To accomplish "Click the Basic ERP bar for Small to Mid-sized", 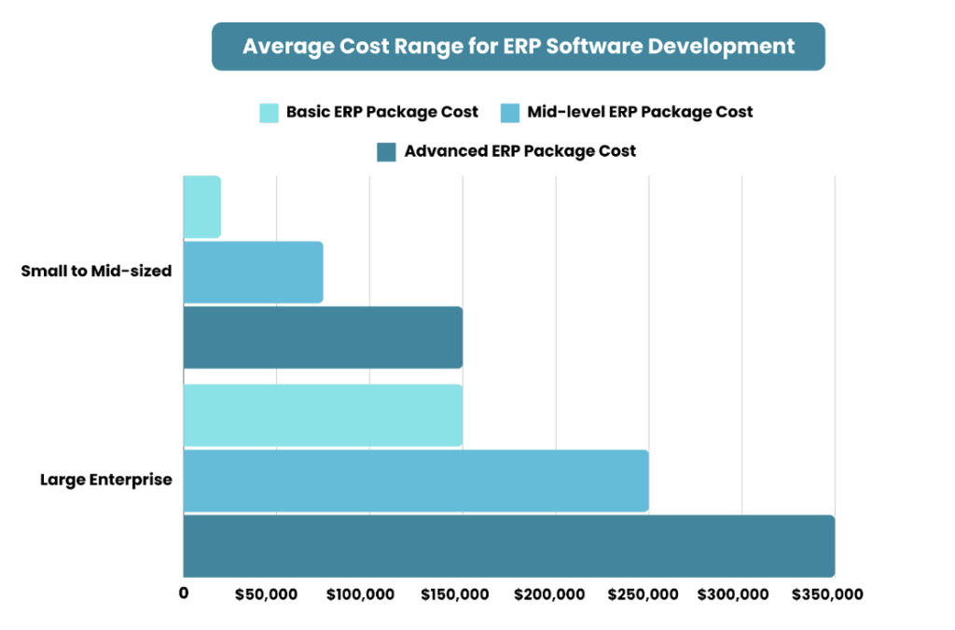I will pyautogui.click(x=201, y=206).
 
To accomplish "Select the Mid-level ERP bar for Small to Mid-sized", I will pyautogui.click(x=253, y=272).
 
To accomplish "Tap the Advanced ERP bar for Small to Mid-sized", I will pyautogui.click(x=323, y=337).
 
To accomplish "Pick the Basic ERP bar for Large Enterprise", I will pyautogui.click(x=323, y=414).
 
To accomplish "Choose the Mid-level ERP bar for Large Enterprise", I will pyautogui.click(x=416, y=481).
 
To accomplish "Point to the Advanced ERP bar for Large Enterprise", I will pyautogui.click(x=508, y=545).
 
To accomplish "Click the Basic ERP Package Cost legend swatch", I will pyautogui.click(x=269, y=113).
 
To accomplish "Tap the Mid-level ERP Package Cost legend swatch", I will pyautogui.click(x=509, y=113).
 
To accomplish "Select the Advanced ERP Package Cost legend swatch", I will pyautogui.click(x=386, y=152).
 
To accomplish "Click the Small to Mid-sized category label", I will pyautogui.click(x=97, y=272).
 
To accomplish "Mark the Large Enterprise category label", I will pyautogui.click(x=105, y=480).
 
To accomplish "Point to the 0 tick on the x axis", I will pyautogui.click(x=184, y=594).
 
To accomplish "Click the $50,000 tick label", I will pyautogui.click(x=266, y=595).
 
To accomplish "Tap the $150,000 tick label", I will pyautogui.click(x=453, y=595).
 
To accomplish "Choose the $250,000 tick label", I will pyautogui.click(x=642, y=595).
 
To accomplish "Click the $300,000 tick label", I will pyautogui.click(x=735, y=595).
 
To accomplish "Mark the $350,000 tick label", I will pyautogui.click(x=828, y=595).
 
